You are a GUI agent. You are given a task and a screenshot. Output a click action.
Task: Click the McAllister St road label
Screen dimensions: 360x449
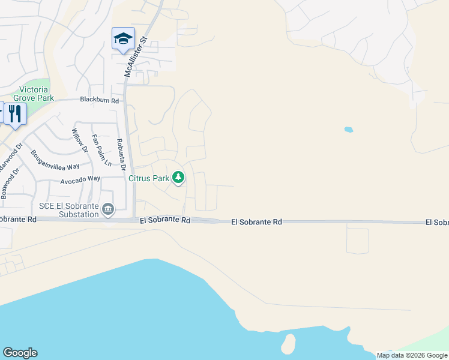[x=136, y=56]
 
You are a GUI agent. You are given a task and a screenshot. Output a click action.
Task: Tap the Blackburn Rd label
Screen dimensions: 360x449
[x=99, y=101]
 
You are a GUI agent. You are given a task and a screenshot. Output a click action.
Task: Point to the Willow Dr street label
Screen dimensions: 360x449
[x=80, y=141]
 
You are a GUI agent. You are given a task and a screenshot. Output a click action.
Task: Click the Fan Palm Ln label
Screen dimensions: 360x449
[x=101, y=151]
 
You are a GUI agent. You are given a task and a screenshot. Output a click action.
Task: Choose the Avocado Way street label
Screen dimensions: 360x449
[x=80, y=179]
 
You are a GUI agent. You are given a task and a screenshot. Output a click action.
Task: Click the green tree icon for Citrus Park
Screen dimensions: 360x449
[x=178, y=178]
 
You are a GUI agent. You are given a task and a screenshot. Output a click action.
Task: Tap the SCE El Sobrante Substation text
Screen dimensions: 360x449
[x=68, y=210]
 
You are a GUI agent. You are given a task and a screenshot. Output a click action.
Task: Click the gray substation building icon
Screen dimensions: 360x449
[x=108, y=209]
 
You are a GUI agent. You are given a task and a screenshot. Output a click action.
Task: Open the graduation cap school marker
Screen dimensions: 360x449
[x=123, y=39]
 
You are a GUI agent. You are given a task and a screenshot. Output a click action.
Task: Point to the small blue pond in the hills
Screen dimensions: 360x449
[x=348, y=129]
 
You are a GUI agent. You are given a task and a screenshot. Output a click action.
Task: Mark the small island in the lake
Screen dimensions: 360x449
[x=288, y=344]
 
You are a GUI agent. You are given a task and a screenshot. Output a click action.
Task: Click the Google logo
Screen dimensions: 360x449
[x=20, y=353]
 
